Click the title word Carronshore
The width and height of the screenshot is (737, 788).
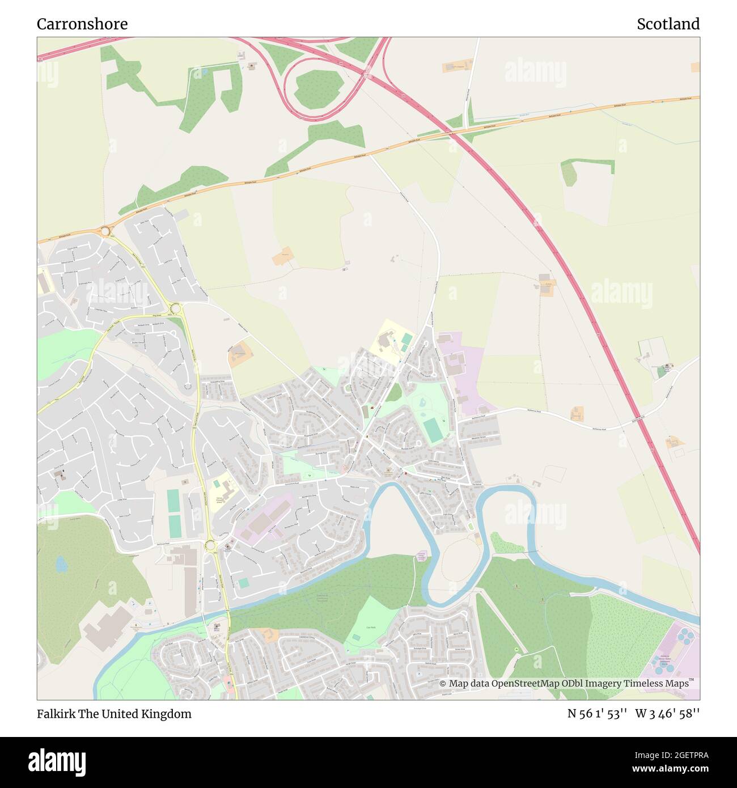point(82,24)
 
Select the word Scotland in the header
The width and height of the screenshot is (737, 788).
point(668,24)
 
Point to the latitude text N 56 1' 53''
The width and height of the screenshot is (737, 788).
point(597,714)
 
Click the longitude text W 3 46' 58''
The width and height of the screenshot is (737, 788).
point(667,714)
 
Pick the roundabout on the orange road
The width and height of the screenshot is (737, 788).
point(105,231)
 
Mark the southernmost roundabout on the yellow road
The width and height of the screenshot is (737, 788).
point(211,545)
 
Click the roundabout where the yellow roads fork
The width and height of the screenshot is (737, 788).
point(175,308)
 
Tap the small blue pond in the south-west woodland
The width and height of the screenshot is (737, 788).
point(61,564)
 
